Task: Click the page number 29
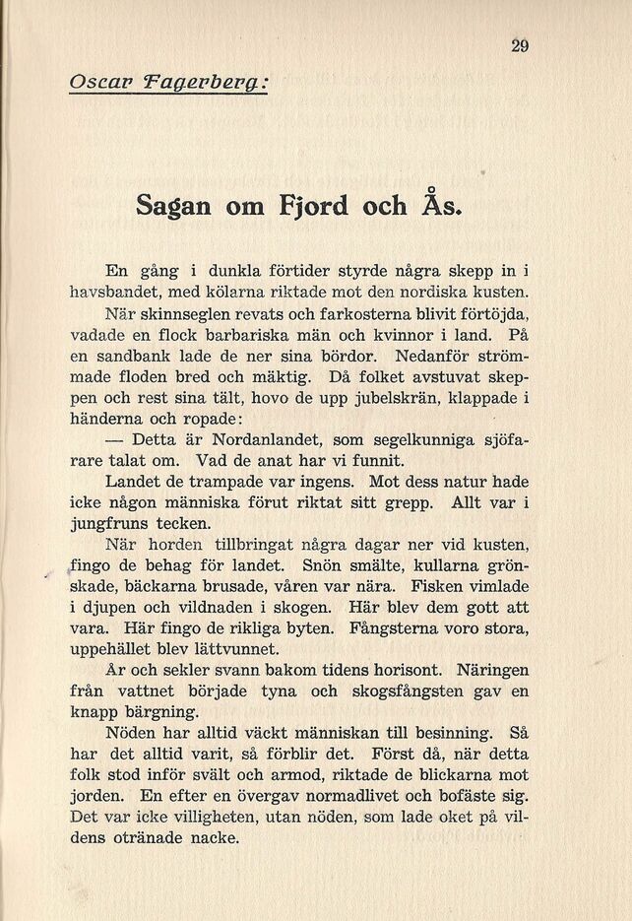click(x=521, y=44)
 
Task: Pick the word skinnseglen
click(x=191, y=314)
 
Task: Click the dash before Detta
click(x=115, y=439)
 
